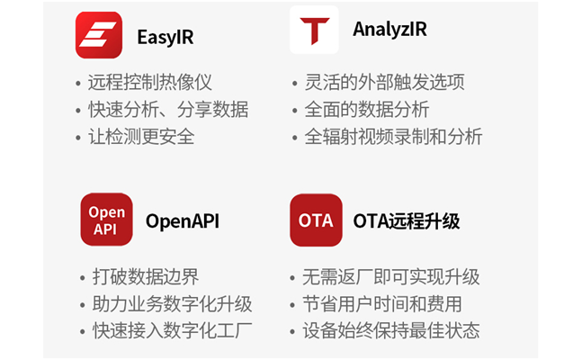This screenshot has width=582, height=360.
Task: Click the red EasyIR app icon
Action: tap(99, 35)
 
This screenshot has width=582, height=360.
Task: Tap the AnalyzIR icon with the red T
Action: tap(314, 30)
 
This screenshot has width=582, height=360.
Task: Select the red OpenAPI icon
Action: tap(106, 220)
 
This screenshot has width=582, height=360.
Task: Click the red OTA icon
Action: tap(316, 220)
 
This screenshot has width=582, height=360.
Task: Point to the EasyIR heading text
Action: tap(166, 37)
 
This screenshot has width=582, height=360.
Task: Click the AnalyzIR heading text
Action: tap(389, 30)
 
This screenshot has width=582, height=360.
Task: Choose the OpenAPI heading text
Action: tap(183, 221)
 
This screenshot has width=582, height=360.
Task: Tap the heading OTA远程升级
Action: tap(407, 221)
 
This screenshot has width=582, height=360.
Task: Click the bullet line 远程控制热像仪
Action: tap(150, 82)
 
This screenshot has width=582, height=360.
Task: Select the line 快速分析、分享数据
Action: tap(168, 110)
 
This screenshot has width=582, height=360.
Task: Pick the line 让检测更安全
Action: tap(141, 137)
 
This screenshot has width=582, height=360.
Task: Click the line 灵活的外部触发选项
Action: tap(384, 82)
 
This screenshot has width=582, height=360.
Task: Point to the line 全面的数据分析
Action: tap(367, 110)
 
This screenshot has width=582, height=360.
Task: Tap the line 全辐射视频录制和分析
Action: tap(393, 137)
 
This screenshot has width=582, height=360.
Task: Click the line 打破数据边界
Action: tap(146, 277)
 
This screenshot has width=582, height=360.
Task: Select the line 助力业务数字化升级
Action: tap(172, 304)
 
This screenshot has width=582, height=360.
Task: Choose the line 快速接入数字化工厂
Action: tap(172, 330)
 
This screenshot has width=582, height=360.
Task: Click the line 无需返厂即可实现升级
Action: tap(390, 277)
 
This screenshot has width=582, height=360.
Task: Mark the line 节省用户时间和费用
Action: tap(382, 304)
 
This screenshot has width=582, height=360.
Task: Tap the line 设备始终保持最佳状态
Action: tap(390, 330)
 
